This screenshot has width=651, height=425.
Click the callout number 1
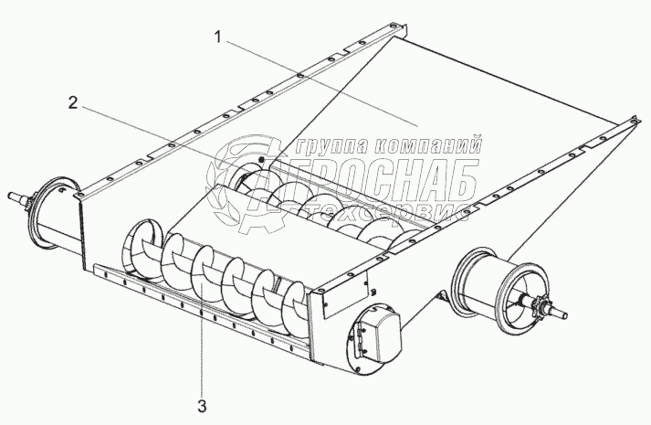pyautogui.click(x=216, y=37)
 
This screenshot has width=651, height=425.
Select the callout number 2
pyautogui.click(x=72, y=102)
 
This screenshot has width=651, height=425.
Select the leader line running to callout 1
pyautogui.click(x=320, y=81)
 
